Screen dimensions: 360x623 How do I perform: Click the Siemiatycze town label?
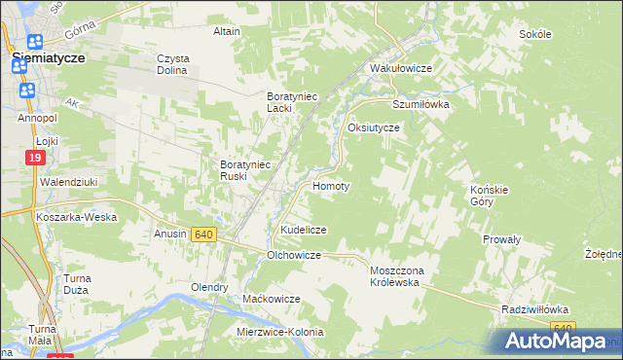pos(48,58)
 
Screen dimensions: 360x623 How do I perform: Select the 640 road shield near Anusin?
pos(203,234)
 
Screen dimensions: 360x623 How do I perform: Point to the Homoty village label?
pos(330,185)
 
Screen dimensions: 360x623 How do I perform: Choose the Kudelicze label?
pos(303,230)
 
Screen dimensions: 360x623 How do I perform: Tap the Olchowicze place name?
pos(294,255)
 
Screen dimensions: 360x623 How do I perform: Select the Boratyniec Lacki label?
pos(294,102)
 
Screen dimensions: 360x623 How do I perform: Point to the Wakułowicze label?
pos(400,69)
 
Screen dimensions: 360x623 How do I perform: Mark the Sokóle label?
pos(535,34)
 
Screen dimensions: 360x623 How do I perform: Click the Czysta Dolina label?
pos(173,64)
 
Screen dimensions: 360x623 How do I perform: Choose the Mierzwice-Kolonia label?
pos(279,332)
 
